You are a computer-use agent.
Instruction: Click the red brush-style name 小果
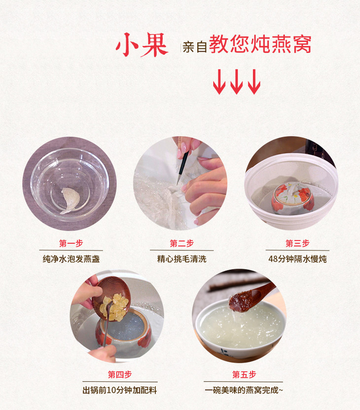(x=142, y=45)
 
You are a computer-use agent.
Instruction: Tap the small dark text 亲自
(x=194, y=47)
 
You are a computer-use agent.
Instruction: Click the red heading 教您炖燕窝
(x=260, y=44)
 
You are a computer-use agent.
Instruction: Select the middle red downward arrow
(x=237, y=82)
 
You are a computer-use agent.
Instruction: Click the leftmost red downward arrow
(x=219, y=82)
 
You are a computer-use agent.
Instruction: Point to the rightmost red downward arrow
(x=254, y=82)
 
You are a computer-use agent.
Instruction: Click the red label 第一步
(x=71, y=243)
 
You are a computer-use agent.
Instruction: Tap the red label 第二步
(x=181, y=243)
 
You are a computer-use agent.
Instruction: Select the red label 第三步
(x=297, y=243)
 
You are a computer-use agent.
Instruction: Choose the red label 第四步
(x=120, y=375)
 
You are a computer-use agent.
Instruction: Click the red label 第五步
(x=244, y=375)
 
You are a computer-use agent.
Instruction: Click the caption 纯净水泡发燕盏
(x=71, y=259)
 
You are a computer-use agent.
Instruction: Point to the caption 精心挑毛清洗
(x=182, y=259)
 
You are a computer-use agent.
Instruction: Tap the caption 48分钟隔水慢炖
(x=297, y=259)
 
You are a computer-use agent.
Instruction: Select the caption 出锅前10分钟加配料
(x=120, y=390)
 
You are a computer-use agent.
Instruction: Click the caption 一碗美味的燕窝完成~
(x=244, y=390)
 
